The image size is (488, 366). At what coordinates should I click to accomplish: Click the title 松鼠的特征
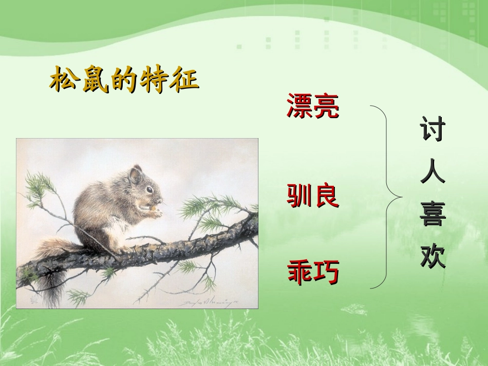coord(124,81)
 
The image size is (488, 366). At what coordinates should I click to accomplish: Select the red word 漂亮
coord(312,106)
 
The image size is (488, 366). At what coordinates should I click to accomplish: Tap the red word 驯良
coord(312,196)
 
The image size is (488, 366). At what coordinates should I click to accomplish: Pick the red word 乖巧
coord(312,272)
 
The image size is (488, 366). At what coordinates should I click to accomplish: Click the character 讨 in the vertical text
coord(433,129)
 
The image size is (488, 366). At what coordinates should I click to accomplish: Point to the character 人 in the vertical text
coord(433,172)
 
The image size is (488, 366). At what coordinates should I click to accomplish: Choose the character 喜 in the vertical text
coord(433,214)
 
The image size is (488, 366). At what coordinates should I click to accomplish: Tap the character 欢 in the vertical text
coord(433,256)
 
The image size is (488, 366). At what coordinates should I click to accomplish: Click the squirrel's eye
coord(149,189)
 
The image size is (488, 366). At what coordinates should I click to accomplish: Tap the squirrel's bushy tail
coord(49,267)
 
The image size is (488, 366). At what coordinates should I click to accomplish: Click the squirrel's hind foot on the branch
coord(123,250)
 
